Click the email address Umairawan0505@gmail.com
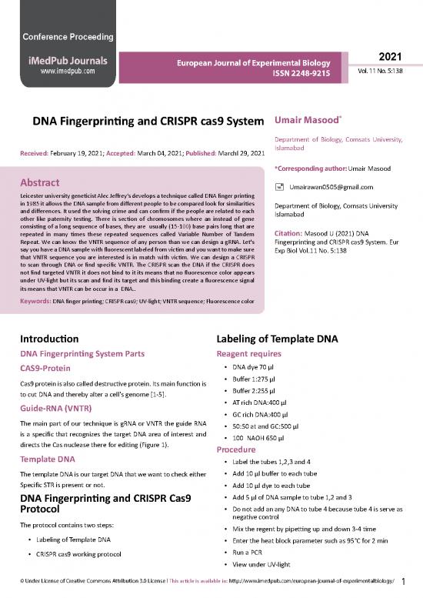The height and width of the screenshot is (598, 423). tap(332, 187)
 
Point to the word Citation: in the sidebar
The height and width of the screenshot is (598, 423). tap(292, 233)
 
